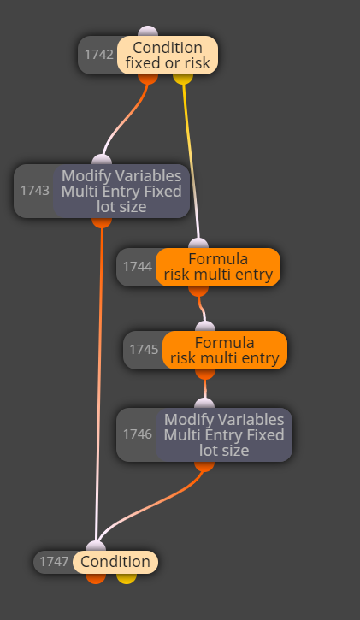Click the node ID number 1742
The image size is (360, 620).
[x=99, y=55]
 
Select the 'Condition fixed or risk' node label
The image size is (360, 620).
[x=168, y=55]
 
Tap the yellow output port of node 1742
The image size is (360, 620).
[x=183, y=79]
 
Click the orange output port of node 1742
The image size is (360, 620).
[x=148, y=79]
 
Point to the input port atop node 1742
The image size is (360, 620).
[x=148, y=32]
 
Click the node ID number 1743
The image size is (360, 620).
[x=35, y=191]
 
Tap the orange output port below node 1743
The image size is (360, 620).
[x=102, y=222]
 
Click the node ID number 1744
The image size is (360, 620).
[x=138, y=267]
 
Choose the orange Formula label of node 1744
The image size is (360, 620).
[x=218, y=267]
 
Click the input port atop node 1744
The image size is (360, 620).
[x=198, y=244]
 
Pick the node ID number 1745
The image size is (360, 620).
[x=144, y=350]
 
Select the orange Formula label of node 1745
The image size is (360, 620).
[x=225, y=351]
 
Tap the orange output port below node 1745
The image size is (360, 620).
[x=205, y=374]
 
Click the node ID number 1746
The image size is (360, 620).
[x=138, y=434]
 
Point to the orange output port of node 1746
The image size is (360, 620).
[x=204, y=466]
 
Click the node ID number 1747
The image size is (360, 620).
[x=54, y=562]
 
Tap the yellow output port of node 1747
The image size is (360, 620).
[x=127, y=578]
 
